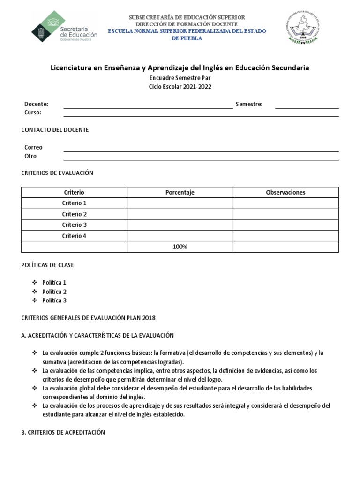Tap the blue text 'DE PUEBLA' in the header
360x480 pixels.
click(187, 38)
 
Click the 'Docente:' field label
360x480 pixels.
click(36, 104)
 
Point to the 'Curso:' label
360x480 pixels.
click(33, 112)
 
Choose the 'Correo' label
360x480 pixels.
click(33, 147)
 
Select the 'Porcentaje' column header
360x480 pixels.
click(180, 192)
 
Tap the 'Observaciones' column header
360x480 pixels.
click(285, 192)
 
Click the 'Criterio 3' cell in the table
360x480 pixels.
click(74, 225)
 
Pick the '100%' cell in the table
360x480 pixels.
click(180, 247)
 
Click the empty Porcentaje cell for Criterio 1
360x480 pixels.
click(180, 203)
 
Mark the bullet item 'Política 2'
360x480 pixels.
click(54, 292)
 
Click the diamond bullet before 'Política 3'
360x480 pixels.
click(34, 300)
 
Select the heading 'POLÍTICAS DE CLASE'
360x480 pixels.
click(48, 265)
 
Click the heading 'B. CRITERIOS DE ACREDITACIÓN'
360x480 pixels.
click(63, 432)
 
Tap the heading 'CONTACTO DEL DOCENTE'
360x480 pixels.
click(55, 130)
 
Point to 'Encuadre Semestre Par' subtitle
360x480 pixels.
click(180, 79)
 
